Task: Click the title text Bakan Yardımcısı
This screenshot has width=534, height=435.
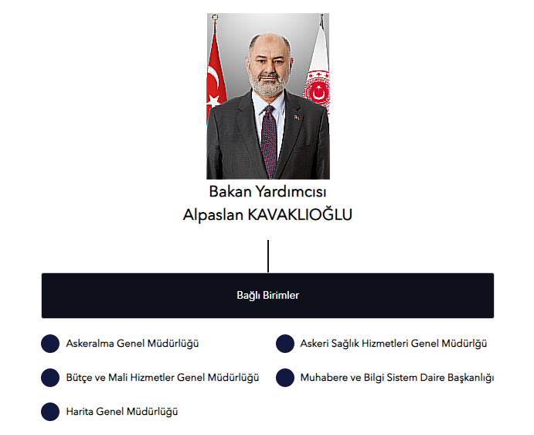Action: [x=267, y=192]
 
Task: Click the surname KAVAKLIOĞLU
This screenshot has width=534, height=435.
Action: [x=300, y=214]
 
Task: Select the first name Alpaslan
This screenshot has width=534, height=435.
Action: [x=213, y=215]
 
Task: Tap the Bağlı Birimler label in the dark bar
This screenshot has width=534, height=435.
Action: [x=267, y=296]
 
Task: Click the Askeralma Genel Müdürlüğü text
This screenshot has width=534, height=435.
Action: [x=132, y=344]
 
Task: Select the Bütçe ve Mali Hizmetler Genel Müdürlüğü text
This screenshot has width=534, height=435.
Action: [x=162, y=378]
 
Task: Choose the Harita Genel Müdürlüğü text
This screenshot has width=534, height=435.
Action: [x=122, y=412]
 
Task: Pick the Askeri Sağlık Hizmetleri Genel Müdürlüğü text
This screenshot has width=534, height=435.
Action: [x=393, y=344]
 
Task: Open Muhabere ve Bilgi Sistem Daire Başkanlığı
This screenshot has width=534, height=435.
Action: [x=397, y=378]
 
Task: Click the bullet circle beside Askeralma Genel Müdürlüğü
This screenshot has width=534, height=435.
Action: [x=50, y=344]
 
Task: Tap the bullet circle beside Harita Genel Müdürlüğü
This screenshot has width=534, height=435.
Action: [x=50, y=412]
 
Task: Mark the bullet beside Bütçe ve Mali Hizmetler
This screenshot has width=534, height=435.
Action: [x=50, y=378]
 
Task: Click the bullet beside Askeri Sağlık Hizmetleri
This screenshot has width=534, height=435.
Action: [x=285, y=344]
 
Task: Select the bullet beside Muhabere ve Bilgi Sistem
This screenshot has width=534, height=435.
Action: [x=285, y=378]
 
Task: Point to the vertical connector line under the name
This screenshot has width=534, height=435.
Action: [x=268, y=256]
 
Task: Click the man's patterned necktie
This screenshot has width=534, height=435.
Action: [x=269, y=142]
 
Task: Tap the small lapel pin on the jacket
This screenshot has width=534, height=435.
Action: [x=297, y=118]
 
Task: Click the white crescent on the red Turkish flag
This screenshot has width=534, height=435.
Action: [x=213, y=77]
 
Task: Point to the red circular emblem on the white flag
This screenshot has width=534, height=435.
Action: [x=318, y=89]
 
